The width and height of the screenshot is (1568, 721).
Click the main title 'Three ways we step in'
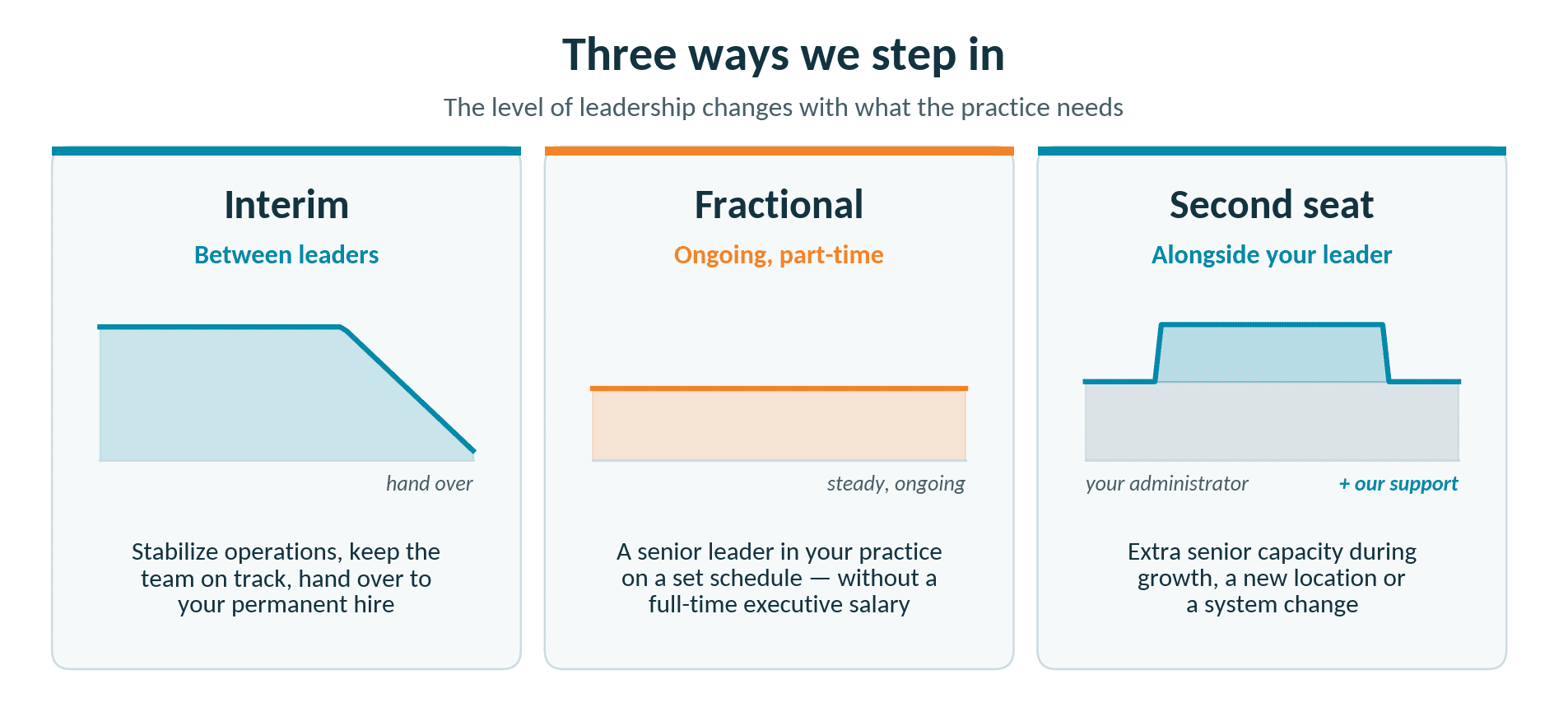point(783,55)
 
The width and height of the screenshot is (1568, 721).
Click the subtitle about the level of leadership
point(783,108)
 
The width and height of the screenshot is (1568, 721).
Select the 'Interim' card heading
point(286,205)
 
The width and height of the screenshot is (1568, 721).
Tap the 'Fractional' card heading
point(779,205)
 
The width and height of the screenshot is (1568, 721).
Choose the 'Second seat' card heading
point(1272,205)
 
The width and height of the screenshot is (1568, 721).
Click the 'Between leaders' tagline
point(286,255)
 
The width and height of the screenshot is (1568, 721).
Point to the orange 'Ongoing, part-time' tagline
point(779,255)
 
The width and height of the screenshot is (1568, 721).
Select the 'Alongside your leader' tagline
point(1272,255)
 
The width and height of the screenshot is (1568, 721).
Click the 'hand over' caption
point(430,484)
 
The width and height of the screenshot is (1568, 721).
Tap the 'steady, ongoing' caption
point(896,484)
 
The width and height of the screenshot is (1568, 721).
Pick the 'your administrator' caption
point(1166,484)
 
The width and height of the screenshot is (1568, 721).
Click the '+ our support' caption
point(1398,484)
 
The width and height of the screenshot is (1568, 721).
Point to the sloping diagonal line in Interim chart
point(409,389)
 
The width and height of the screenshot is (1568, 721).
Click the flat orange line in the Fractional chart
point(779,388)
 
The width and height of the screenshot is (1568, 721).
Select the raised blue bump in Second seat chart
point(1272,353)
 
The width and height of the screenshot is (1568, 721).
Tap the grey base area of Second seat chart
point(1272,421)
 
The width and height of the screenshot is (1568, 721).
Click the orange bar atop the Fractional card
point(779,151)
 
